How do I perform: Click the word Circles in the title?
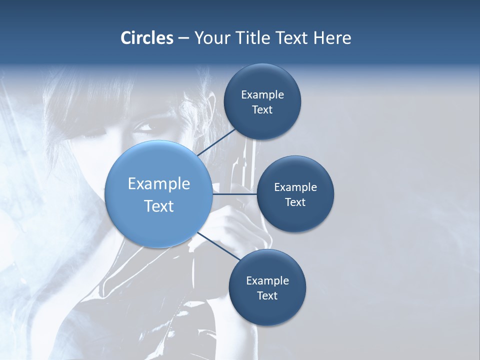pyautogui.click(x=146, y=38)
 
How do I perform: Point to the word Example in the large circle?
pyautogui.click(x=158, y=184)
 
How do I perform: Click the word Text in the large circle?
pyautogui.click(x=158, y=205)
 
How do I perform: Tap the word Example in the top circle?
pyautogui.click(x=262, y=95)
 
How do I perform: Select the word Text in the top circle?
pyautogui.click(x=262, y=110)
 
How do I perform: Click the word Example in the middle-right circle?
pyautogui.click(x=295, y=187)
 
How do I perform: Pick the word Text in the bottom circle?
pyautogui.click(x=267, y=295)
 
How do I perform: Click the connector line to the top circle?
pyautogui.click(x=216, y=142)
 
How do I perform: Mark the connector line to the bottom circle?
pyautogui.click(x=218, y=246)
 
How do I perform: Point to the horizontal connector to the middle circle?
pyautogui.click(x=234, y=194)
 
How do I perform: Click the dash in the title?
pyautogui.click(x=183, y=38)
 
